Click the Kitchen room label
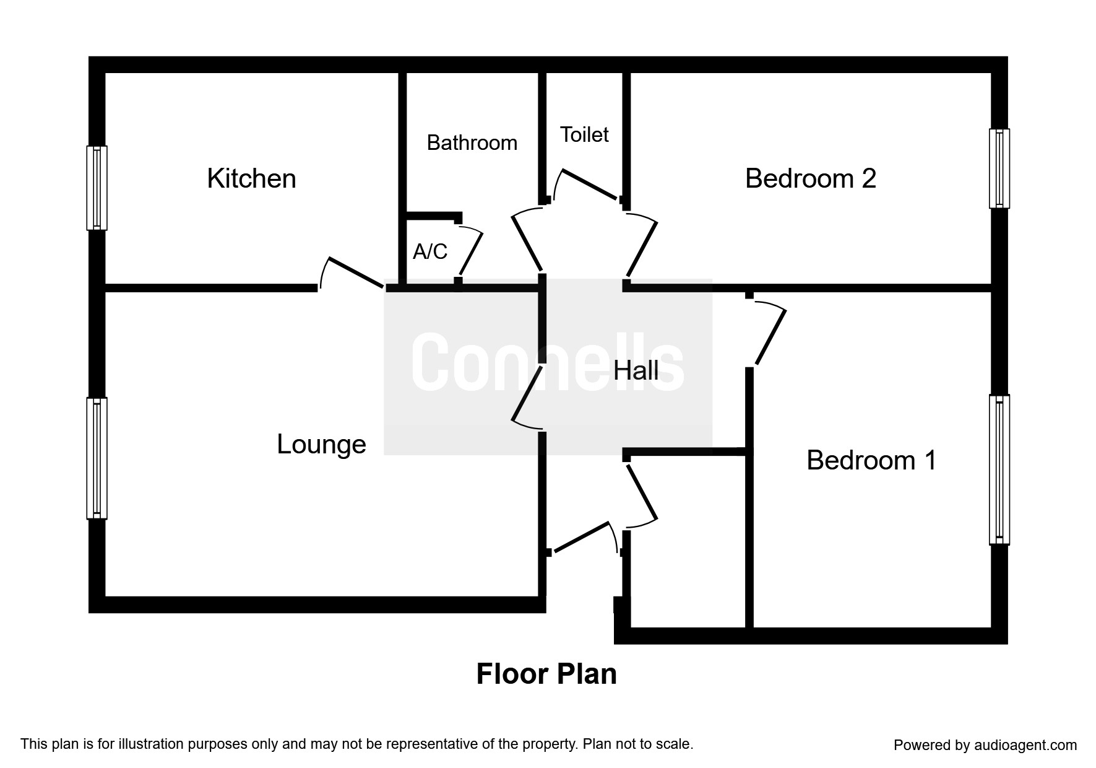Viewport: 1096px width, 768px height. [251, 178]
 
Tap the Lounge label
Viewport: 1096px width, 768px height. [321, 444]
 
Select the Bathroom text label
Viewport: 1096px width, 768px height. [472, 142]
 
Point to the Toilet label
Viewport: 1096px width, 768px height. [584, 134]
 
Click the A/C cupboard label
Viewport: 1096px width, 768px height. [430, 251]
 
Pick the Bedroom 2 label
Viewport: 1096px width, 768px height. [811, 178]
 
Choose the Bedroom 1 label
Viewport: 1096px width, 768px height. [871, 460]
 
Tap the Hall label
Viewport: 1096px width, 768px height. [636, 370]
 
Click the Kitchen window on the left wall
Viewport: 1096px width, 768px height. [97, 188]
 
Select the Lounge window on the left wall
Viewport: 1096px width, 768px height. [97, 458]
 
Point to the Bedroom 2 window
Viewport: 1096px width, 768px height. [999, 168]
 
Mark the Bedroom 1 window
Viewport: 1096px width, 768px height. [999, 469]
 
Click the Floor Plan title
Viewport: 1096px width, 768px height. [546, 674]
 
